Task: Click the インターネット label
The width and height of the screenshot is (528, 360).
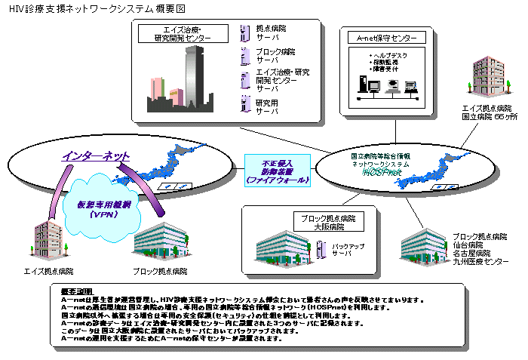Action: tap(96, 156)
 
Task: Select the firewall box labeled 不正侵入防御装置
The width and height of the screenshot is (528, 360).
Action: tap(276, 171)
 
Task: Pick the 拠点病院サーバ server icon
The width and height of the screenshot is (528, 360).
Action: tap(245, 32)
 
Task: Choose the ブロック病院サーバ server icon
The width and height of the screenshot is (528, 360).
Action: tap(245, 55)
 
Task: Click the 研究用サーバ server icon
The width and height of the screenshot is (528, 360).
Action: tap(245, 103)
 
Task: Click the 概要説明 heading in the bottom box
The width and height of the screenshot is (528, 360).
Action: tap(78, 291)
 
